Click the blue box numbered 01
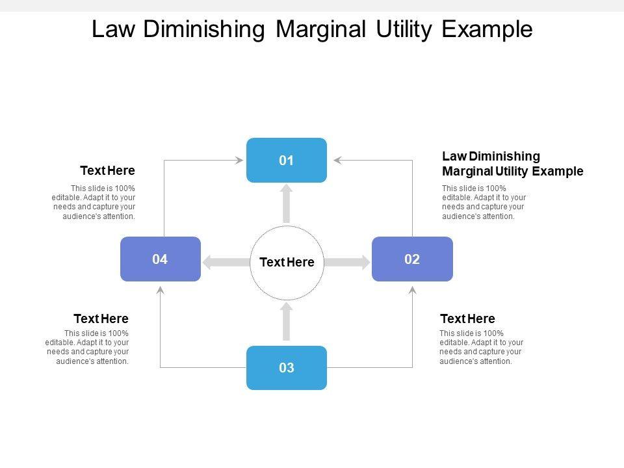click(287, 160)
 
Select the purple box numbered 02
click(412, 259)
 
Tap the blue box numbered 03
click(287, 368)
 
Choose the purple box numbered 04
click(161, 259)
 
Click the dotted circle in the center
click(287, 263)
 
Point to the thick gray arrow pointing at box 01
click(287, 203)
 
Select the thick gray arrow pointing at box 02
click(347, 262)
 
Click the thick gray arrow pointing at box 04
click(226, 262)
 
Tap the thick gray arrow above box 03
click(287, 322)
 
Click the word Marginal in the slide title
click(320, 29)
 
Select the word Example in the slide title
click(487, 29)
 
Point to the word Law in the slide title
click(113, 29)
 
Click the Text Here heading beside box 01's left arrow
click(107, 170)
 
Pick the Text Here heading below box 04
click(101, 318)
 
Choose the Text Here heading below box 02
click(467, 318)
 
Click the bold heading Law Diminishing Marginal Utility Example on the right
click(513, 164)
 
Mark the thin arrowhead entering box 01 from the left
click(239, 161)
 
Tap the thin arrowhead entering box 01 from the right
click(338, 161)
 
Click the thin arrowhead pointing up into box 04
click(161, 290)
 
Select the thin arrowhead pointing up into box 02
click(413, 290)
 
